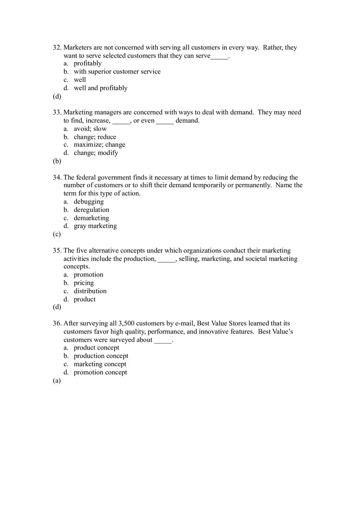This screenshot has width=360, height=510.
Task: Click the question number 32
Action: coord(57,47)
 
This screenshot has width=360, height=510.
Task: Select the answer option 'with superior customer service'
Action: coord(117,72)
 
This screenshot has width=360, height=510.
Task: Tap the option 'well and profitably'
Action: coord(101,88)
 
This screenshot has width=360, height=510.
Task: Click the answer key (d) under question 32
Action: coord(57,97)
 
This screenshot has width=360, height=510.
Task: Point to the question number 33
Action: coord(57,112)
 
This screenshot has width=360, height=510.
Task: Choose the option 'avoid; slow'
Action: coord(90,128)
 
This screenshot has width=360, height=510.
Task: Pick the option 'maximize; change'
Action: coord(99,145)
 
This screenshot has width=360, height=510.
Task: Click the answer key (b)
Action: coord(57,161)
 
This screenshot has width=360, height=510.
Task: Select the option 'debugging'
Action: coord(89,202)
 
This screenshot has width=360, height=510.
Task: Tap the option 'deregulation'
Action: coord(92,210)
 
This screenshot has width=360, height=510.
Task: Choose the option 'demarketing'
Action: coord(91,218)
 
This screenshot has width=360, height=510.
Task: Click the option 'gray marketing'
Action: coord(95,226)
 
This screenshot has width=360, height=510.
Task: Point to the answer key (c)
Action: coord(57,234)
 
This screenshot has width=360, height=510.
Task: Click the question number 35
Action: coord(57,251)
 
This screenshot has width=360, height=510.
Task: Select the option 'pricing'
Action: coord(84,283)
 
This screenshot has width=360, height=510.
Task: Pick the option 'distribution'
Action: coord(90,291)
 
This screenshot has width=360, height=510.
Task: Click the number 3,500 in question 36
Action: coord(126,324)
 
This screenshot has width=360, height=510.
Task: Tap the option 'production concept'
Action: coord(101,356)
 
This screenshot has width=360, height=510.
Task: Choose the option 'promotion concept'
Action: coord(100,372)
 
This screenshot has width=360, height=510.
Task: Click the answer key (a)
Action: coord(57,381)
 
